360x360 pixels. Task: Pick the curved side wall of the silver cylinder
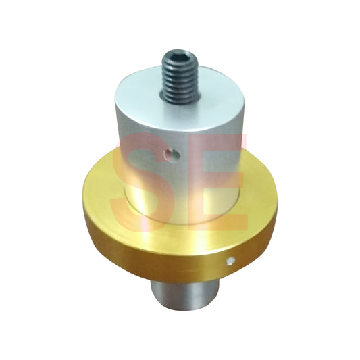142,155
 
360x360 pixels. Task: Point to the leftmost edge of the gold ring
83,203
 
